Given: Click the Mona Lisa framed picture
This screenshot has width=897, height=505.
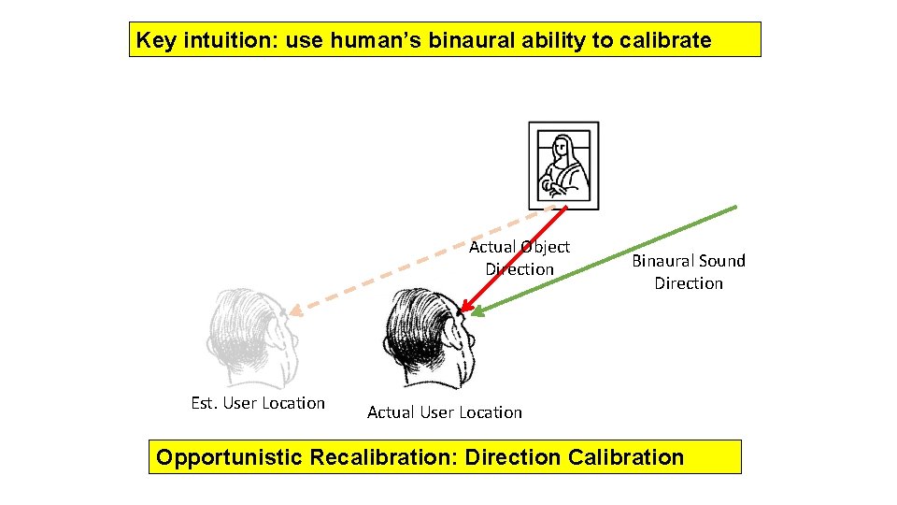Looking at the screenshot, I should [563, 166].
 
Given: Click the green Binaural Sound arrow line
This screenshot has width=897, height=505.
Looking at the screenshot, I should [617, 254].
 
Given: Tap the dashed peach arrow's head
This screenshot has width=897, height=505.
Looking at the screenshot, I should [292, 311].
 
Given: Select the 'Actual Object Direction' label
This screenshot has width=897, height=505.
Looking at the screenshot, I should [520, 258].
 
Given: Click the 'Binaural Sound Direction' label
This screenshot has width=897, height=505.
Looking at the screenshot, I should [689, 271].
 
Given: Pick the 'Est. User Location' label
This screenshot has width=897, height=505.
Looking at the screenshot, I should [258, 403].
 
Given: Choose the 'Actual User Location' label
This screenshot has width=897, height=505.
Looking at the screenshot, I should [445, 412].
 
